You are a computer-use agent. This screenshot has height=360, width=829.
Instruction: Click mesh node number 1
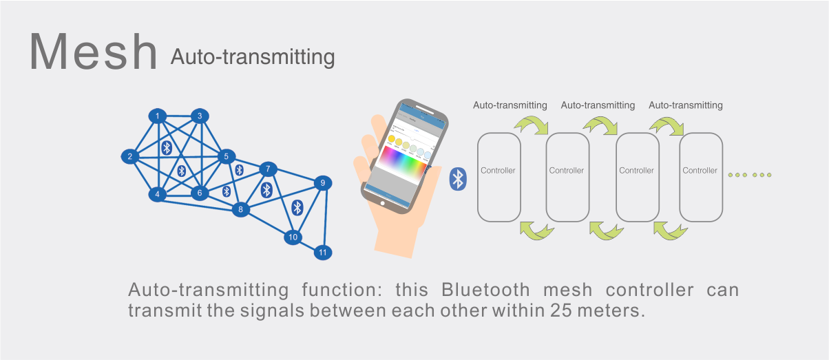158,116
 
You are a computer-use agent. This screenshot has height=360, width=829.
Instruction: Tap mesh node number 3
200,116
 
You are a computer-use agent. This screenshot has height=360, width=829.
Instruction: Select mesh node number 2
130,156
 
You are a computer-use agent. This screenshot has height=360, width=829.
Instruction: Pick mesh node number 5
226,157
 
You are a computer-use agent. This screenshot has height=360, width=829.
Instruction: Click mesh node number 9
322,183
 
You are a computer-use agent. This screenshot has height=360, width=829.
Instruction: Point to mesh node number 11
322,253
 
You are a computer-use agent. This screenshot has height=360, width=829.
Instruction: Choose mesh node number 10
293,237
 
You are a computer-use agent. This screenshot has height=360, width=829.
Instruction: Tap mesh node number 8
240,209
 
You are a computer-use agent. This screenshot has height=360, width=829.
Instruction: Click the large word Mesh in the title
94,52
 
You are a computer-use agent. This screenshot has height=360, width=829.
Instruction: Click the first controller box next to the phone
498,177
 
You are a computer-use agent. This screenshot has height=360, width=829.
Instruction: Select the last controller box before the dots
700,177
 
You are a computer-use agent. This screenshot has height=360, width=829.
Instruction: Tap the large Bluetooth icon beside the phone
457,179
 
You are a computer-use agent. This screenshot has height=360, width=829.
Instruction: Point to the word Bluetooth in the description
486,290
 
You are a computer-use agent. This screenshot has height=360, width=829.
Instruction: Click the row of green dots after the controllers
750,175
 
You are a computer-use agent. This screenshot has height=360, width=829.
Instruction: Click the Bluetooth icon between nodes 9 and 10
297,207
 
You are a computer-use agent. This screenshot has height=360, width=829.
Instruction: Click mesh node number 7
268,169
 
